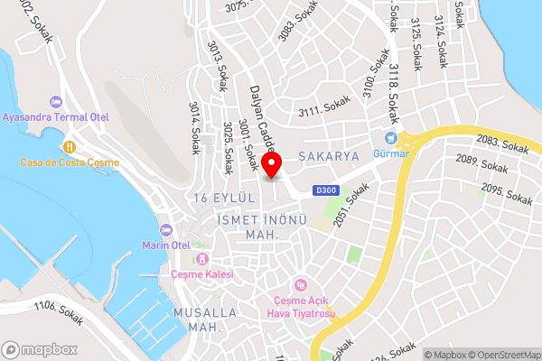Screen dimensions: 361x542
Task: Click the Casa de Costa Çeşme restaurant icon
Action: [69, 145]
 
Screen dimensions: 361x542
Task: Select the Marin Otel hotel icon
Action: [165, 229]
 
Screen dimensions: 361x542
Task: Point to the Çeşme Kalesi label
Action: [202, 273]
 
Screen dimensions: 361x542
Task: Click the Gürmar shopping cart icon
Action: [391, 138]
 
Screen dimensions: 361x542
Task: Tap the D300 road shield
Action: [326, 190]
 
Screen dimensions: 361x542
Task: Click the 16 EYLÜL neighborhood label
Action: [220, 197]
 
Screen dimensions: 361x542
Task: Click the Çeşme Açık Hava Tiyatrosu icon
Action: [306, 285]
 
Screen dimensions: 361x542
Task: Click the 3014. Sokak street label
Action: [194, 128]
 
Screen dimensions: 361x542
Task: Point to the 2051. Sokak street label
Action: [353, 205]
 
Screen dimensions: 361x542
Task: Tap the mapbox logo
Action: [39, 349]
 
